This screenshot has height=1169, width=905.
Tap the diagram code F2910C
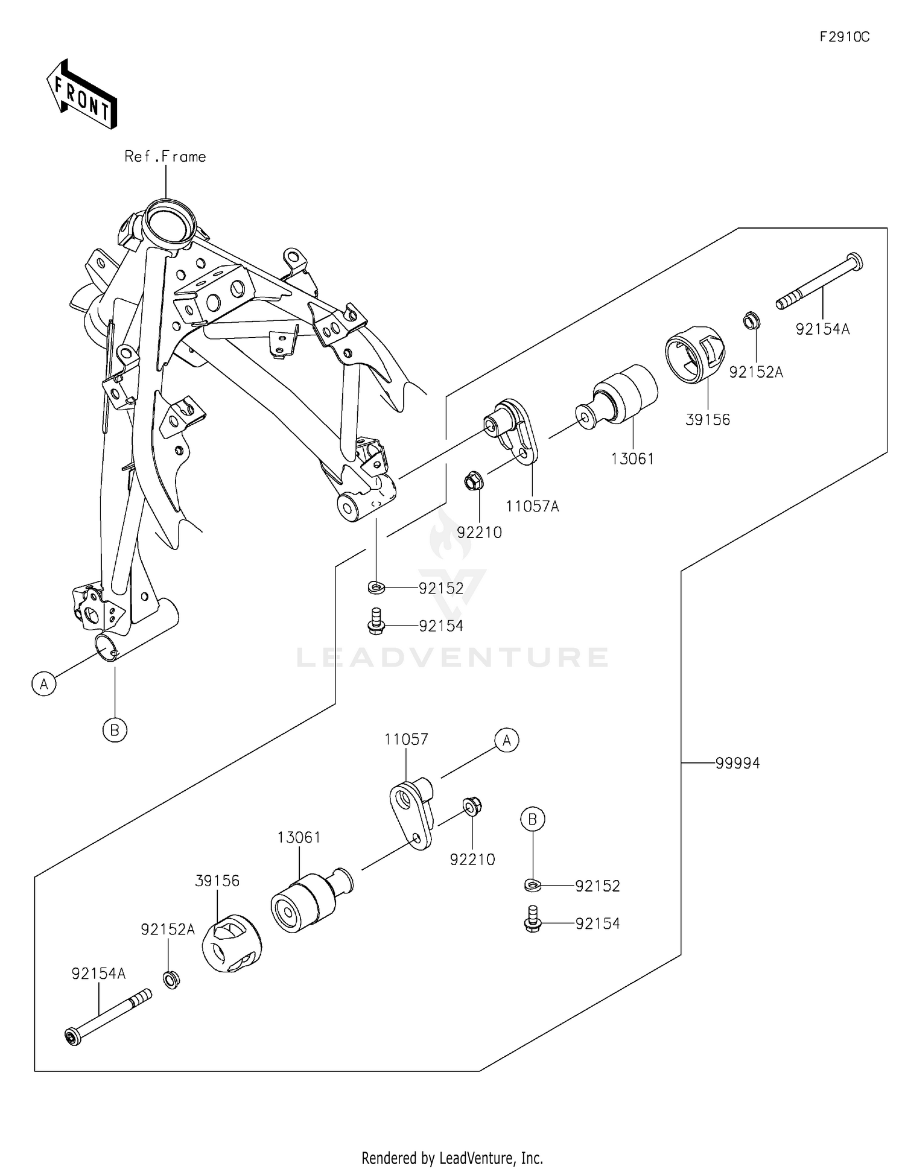(x=844, y=37)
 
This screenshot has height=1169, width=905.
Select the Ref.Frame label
(x=165, y=157)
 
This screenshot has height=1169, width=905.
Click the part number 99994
(x=737, y=763)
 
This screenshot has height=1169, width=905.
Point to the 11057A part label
(x=532, y=507)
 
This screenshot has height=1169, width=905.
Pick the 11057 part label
(x=407, y=739)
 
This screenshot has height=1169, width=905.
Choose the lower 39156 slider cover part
(x=232, y=943)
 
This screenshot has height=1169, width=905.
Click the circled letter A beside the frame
(x=44, y=685)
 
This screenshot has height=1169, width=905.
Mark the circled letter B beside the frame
(x=115, y=730)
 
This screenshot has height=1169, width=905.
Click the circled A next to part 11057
(x=507, y=740)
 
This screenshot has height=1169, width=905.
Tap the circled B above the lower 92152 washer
(x=533, y=819)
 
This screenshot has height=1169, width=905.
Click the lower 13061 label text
(x=299, y=837)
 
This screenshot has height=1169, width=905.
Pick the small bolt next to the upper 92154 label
(x=375, y=622)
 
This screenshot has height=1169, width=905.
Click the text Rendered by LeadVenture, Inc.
(x=452, y=1158)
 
